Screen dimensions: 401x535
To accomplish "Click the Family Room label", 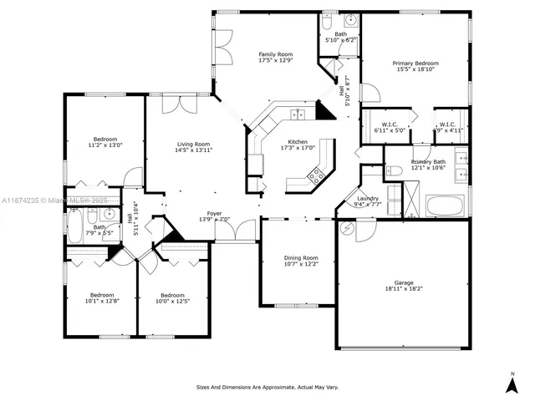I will click(275, 54).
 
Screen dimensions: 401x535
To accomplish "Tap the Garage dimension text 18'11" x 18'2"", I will click(404, 288).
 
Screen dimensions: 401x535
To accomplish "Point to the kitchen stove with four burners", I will click(317, 175).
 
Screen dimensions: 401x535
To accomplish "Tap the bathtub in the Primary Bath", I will click(444, 206).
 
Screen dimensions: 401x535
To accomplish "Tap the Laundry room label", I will click(368, 199).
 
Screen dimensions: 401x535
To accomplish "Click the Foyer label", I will click(215, 214).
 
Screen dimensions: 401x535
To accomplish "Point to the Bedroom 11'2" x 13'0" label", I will click(105, 139).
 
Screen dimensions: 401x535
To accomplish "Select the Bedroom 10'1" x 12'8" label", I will click(103, 295).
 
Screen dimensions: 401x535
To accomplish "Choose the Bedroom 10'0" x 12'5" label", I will click(172, 295).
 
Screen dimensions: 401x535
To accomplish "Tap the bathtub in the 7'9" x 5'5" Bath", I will click(74, 226).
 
